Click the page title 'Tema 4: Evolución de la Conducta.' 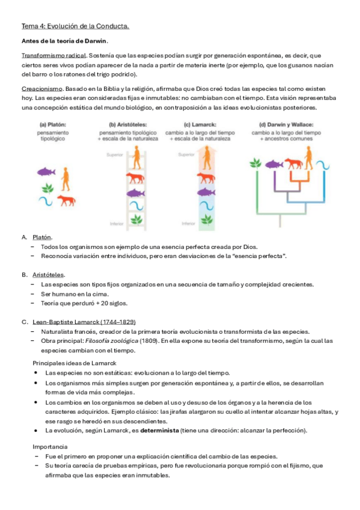75,26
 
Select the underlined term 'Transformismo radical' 54,55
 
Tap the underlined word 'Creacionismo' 42,89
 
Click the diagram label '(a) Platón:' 53,124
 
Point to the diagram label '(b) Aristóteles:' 128,124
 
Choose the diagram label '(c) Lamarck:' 200,124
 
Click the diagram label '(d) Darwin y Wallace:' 286,124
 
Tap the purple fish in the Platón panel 46,171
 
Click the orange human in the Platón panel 66,179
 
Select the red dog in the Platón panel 67,200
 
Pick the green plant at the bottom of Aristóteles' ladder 137,220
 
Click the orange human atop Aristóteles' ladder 137,157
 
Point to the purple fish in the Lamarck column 206,192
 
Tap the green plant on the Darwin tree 255,162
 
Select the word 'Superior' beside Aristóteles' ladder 115,155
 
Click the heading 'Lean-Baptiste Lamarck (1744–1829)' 84,322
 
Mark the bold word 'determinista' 159,431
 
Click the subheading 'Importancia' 50,447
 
